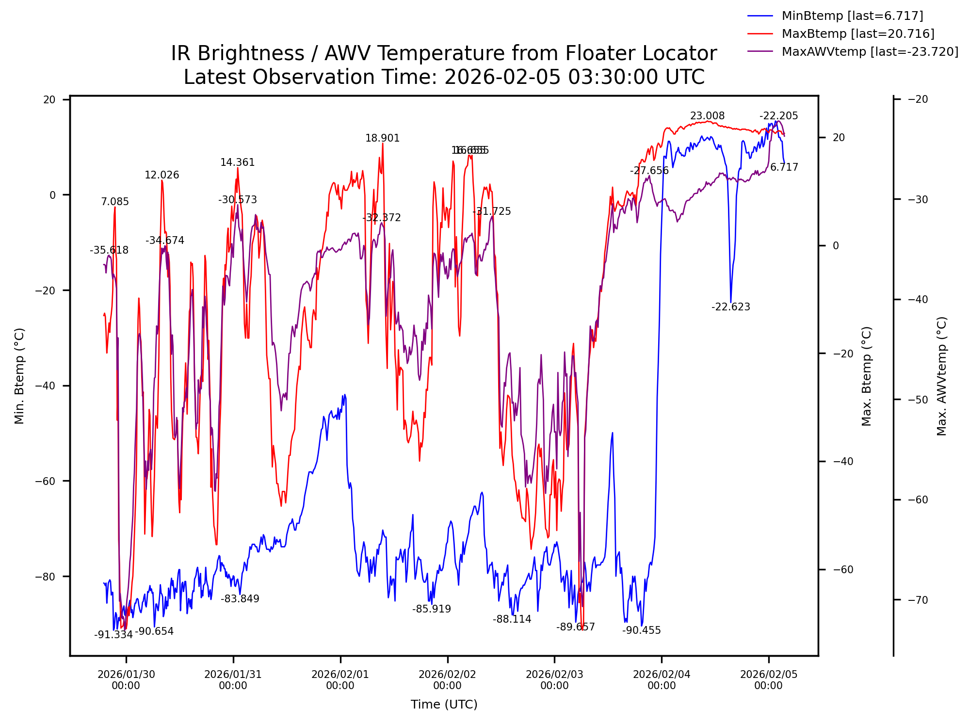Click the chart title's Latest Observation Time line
point(444,78)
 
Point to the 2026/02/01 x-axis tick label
point(340,680)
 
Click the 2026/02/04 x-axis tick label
point(662,680)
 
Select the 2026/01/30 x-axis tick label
point(126,680)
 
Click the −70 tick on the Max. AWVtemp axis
point(918,600)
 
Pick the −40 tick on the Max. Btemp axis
point(843,462)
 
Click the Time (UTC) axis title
point(444,705)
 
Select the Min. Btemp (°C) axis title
point(19,376)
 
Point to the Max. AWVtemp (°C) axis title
point(942,376)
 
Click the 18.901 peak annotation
point(382,139)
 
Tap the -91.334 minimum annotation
point(113,635)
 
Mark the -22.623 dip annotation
point(730,307)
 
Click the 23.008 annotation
point(707,116)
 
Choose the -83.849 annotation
point(240,599)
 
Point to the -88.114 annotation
point(512,619)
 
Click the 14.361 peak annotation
point(237,162)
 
